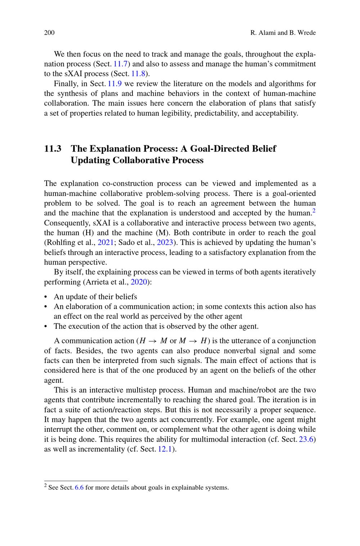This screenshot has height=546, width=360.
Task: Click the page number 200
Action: point(49,33)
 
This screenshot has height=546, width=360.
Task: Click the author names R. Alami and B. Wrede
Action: point(283,33)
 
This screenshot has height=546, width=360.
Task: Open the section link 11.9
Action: point(115,84)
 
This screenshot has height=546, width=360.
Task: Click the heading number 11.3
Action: point(53,149)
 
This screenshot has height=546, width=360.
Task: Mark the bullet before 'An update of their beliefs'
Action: point(46,297)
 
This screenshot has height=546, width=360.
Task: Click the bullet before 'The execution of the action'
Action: point(46,327)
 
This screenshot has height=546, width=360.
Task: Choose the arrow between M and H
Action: point(193,341)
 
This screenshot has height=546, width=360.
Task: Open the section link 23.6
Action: point(306,439)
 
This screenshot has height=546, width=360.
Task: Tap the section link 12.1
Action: point(165,449)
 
